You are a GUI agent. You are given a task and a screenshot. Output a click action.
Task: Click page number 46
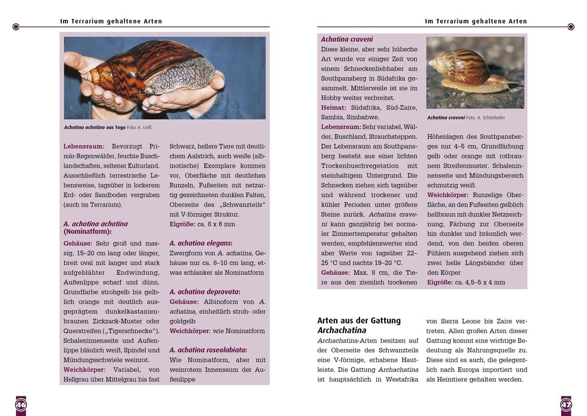coord(21,405)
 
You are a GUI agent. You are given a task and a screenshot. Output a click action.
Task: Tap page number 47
coord(565,405)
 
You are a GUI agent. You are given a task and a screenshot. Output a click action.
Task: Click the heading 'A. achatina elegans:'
coord(201,243)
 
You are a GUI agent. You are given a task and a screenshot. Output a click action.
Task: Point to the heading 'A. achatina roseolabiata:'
coord(208,350)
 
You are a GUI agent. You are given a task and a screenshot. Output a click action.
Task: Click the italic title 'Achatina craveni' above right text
coord(347,39)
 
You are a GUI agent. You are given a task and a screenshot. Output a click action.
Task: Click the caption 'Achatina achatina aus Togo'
coord(94,128)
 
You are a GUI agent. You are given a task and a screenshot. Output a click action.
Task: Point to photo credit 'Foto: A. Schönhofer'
coord(492,118)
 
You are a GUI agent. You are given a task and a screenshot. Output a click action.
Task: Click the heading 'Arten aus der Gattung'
coord(359,321)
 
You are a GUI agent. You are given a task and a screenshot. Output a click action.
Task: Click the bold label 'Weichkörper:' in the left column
coord(85,370)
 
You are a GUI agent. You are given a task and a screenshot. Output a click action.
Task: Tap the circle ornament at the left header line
coord(16,27)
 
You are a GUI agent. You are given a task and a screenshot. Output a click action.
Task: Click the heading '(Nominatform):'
coord(88,232)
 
